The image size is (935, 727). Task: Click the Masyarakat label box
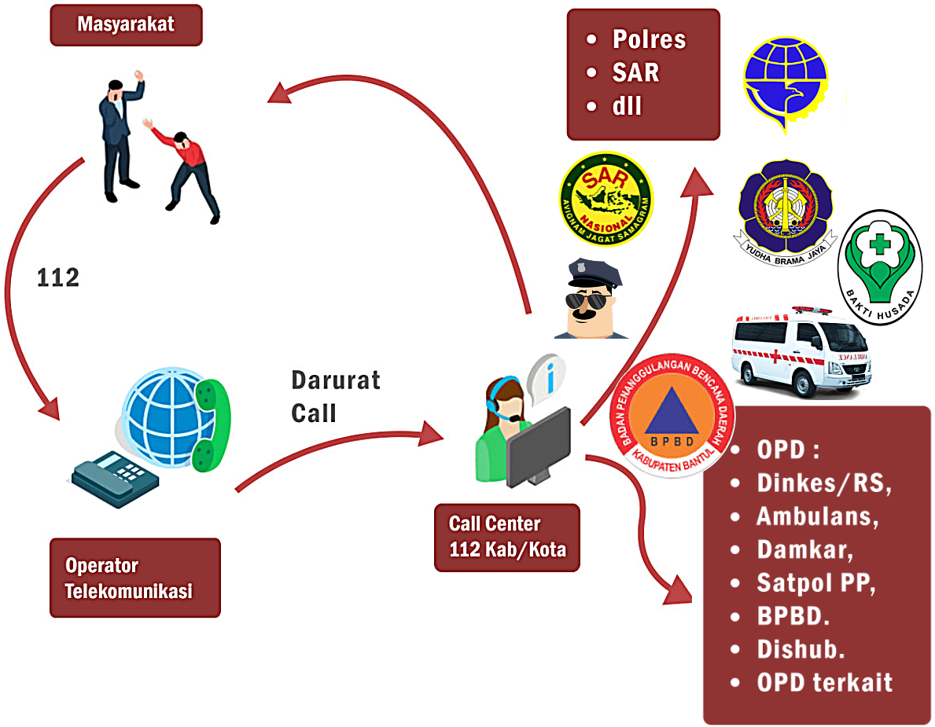(126, 25)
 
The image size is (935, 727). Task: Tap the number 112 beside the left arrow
(58, 278)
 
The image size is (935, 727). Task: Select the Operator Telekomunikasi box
(134, 578)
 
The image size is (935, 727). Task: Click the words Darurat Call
(335, 396)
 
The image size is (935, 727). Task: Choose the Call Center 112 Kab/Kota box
(506, 537)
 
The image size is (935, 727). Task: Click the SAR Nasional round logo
(606, 197)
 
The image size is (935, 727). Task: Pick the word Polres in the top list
(649, 40)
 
